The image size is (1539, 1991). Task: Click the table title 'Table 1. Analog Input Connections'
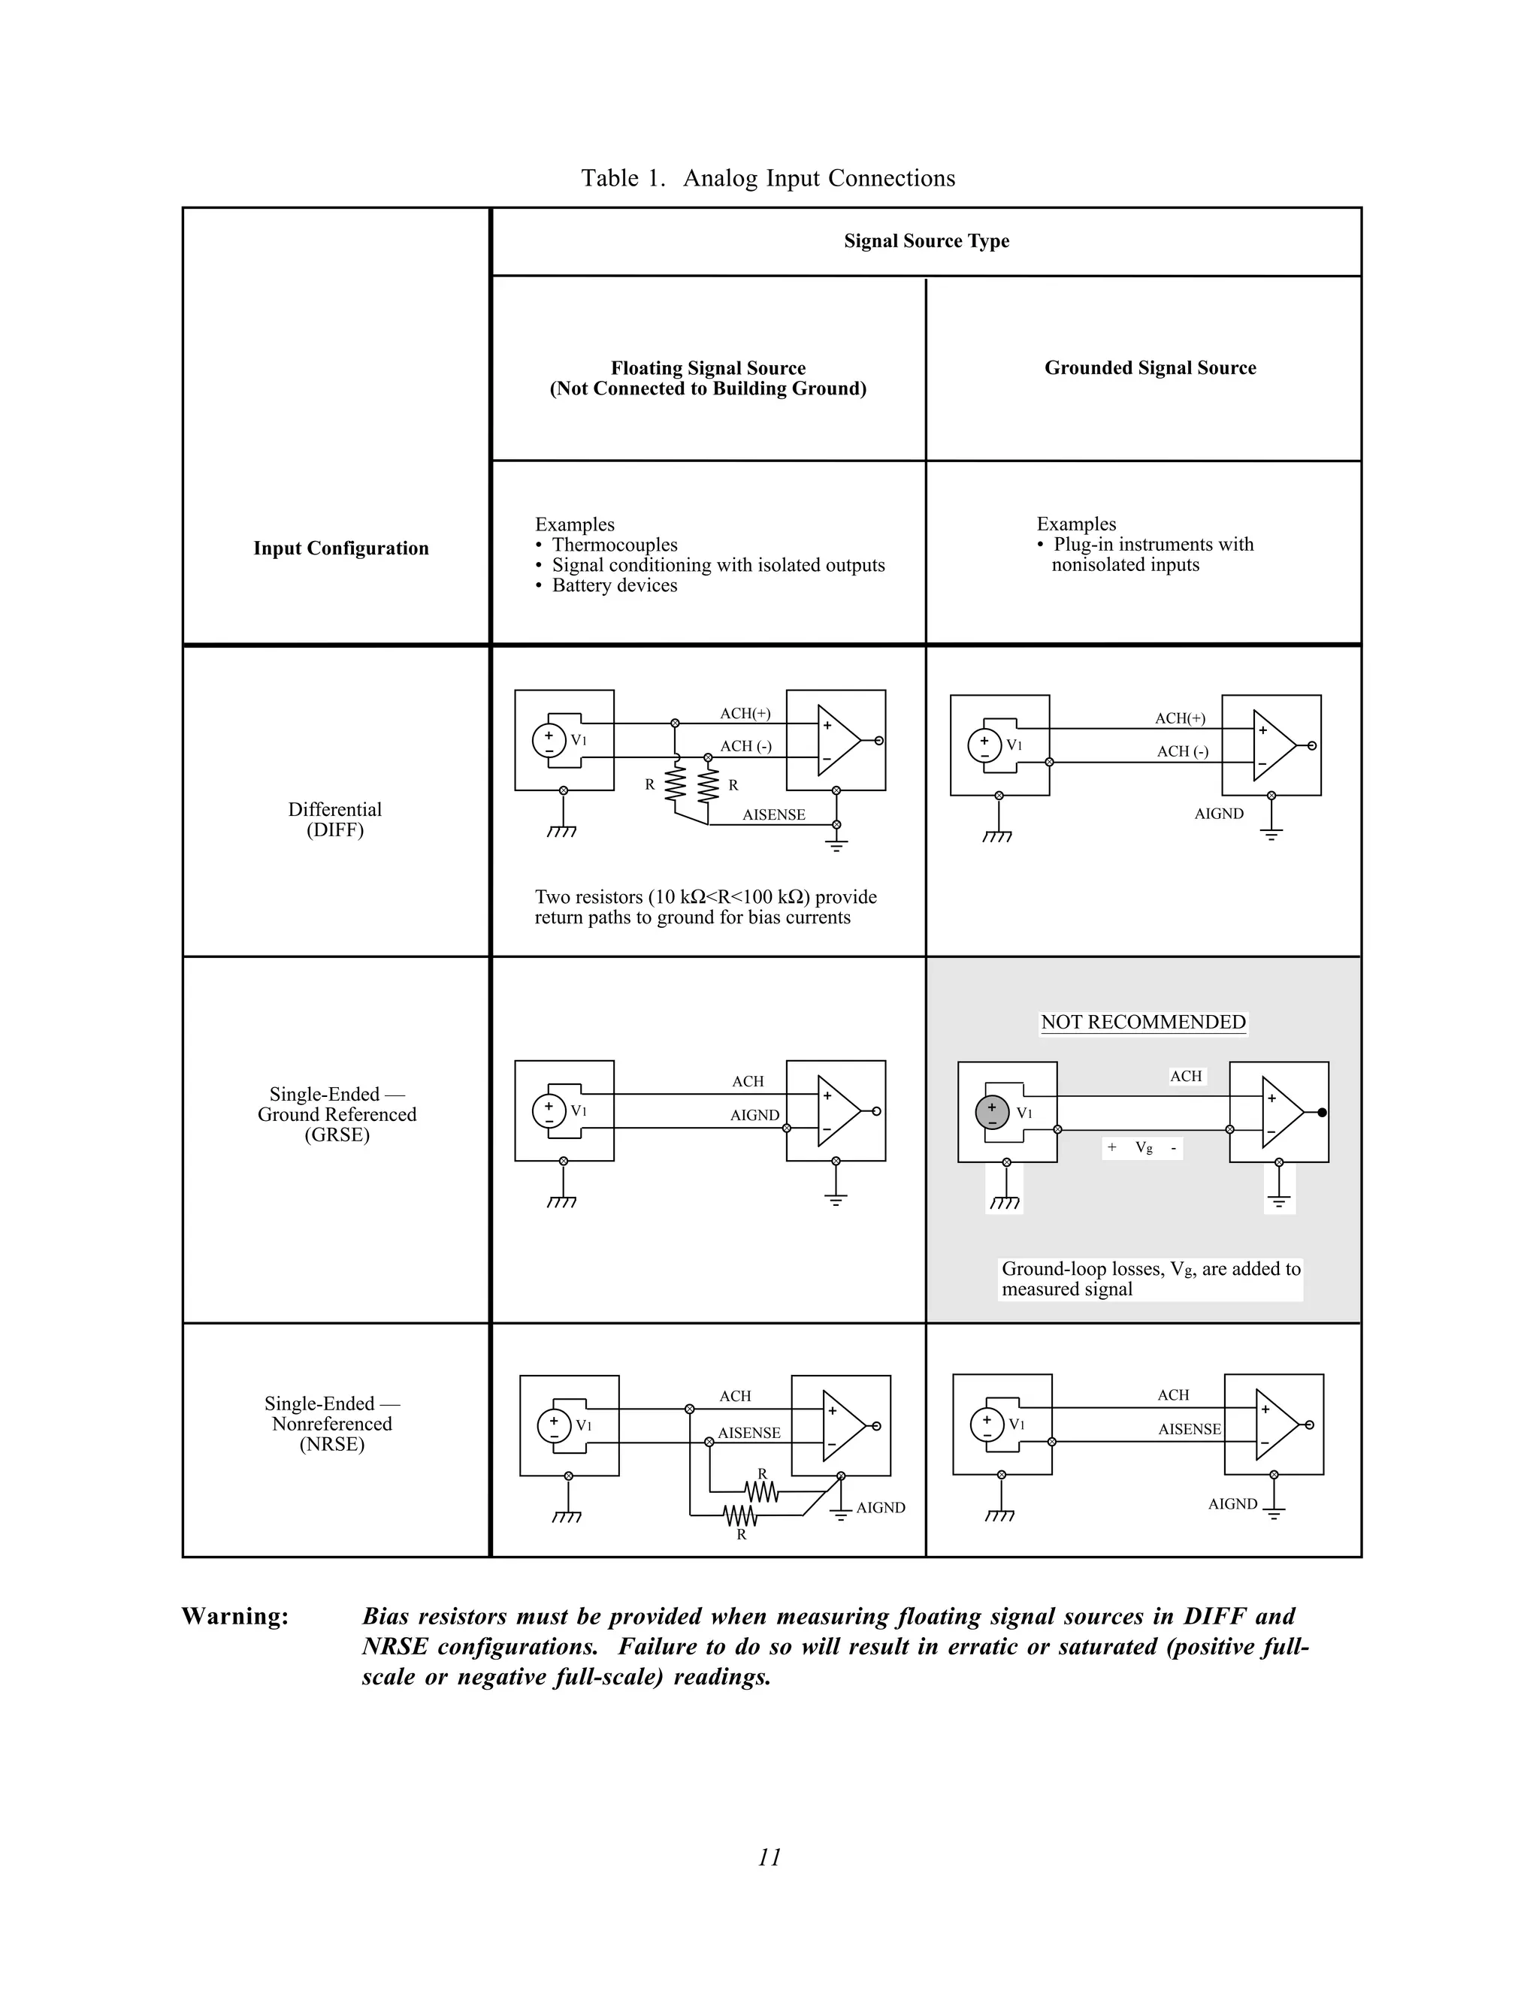[768, 178]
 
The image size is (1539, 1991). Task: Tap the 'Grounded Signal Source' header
[1149, 367]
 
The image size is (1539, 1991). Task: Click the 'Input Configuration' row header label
[340, 548]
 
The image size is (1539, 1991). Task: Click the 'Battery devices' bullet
[614, 585]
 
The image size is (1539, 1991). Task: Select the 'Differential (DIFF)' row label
[334, 819]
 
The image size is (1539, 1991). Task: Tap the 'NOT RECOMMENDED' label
[1142, 1022]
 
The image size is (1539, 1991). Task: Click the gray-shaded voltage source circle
[992, 1112]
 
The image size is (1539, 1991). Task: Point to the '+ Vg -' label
[1142, 1148]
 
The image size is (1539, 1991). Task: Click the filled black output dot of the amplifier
[1322, 1112]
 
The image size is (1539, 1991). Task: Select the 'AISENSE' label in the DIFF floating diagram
[773, 815]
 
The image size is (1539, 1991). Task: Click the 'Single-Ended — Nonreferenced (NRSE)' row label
[332, 1423]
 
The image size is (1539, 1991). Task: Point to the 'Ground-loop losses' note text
[1150, 1278]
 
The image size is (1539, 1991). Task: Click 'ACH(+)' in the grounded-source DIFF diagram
[1180, 718]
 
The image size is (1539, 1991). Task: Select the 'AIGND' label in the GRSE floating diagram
[754, 1115]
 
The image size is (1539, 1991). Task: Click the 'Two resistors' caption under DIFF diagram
[705, 907]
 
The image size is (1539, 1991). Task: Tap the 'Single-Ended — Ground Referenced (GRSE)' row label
[337, 1114]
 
